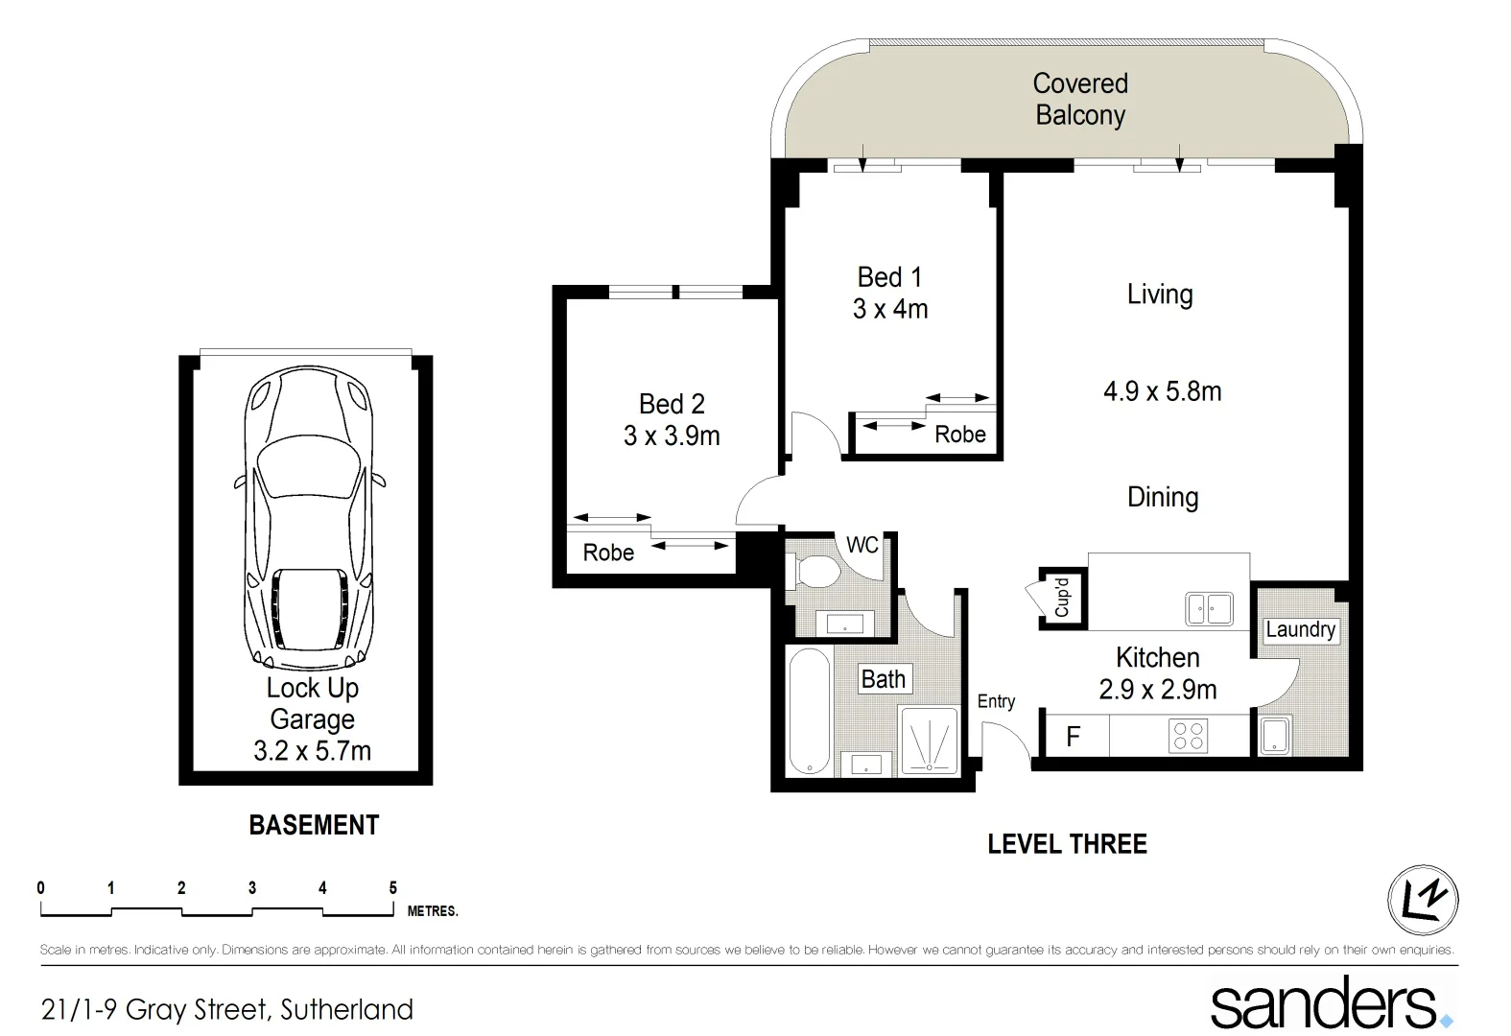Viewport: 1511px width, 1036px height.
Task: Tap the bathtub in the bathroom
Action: (x=808, y=710)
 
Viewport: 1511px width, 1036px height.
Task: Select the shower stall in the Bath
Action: (x=929, y=742)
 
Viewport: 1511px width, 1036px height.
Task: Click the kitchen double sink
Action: (x=1209, y=609)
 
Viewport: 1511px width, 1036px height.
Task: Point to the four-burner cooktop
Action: (x=1188, y=737)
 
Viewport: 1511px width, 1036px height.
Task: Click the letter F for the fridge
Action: (x=1073, y=737)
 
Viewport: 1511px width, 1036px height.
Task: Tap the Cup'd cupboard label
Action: (x=1061, y=598)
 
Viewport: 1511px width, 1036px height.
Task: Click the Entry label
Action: (x=996, y=701)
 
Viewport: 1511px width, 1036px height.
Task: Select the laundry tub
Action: (x=1274, y=737)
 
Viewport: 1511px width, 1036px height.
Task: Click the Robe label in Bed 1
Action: (x=959, y=435)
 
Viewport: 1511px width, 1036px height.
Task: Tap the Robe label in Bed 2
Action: (x=608, y=553)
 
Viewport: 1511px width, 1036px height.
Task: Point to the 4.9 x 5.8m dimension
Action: (x=1162, y=391)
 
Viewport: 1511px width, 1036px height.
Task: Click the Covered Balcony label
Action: (x=1080, y=99)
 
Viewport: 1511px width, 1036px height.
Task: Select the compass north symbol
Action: (x=1423, y=900)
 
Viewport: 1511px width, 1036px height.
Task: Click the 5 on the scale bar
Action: (x=392, y=888)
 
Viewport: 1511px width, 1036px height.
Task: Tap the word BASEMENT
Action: (x=314, y=825)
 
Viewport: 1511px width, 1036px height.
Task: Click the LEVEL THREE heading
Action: (x=1067, y=844)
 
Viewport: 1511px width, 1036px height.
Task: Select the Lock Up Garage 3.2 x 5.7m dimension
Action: (x=312, y=751)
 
